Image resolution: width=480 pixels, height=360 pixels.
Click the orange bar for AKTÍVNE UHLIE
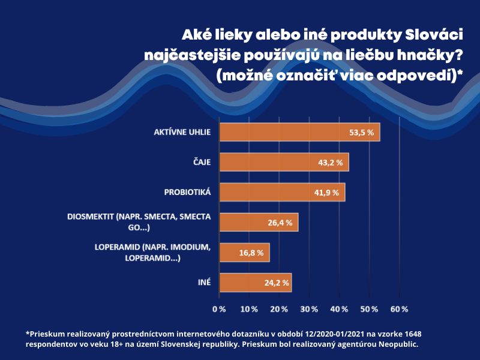[x=299, y=132]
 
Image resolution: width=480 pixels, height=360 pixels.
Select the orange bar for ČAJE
[x=284, y=162]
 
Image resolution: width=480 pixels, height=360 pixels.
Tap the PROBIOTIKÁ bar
[x=282, y=192]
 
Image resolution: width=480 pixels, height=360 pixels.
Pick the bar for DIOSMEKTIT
[x=259, y=222]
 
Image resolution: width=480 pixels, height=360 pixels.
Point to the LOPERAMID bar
[x=245, y=253]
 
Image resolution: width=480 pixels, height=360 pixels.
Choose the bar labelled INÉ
[x=256, y=283]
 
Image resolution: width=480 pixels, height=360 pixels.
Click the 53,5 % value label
[x=362, y=133]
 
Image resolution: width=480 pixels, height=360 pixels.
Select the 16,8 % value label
[x=251, y=253]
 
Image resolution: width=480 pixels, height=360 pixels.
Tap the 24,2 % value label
[x=277, y=283]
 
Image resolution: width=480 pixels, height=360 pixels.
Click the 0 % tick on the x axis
[x=219, y=309]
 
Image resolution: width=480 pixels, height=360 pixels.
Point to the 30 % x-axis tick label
[x=309, y=309]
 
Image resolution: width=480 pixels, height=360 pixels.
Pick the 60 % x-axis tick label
[x=399, y=309]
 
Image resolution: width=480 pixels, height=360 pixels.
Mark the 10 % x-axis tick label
[x=249, y=309]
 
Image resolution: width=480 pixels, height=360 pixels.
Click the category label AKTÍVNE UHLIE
[x=182, y=132]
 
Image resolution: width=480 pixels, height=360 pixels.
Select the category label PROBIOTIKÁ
[x=187, y=192]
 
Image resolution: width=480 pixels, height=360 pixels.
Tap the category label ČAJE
[x=202, y=162]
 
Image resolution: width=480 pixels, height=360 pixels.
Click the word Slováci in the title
[x=434, y=35]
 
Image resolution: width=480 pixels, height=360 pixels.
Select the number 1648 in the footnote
[x=413, y=334]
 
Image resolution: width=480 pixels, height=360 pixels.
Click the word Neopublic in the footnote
[x=398, y=344]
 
